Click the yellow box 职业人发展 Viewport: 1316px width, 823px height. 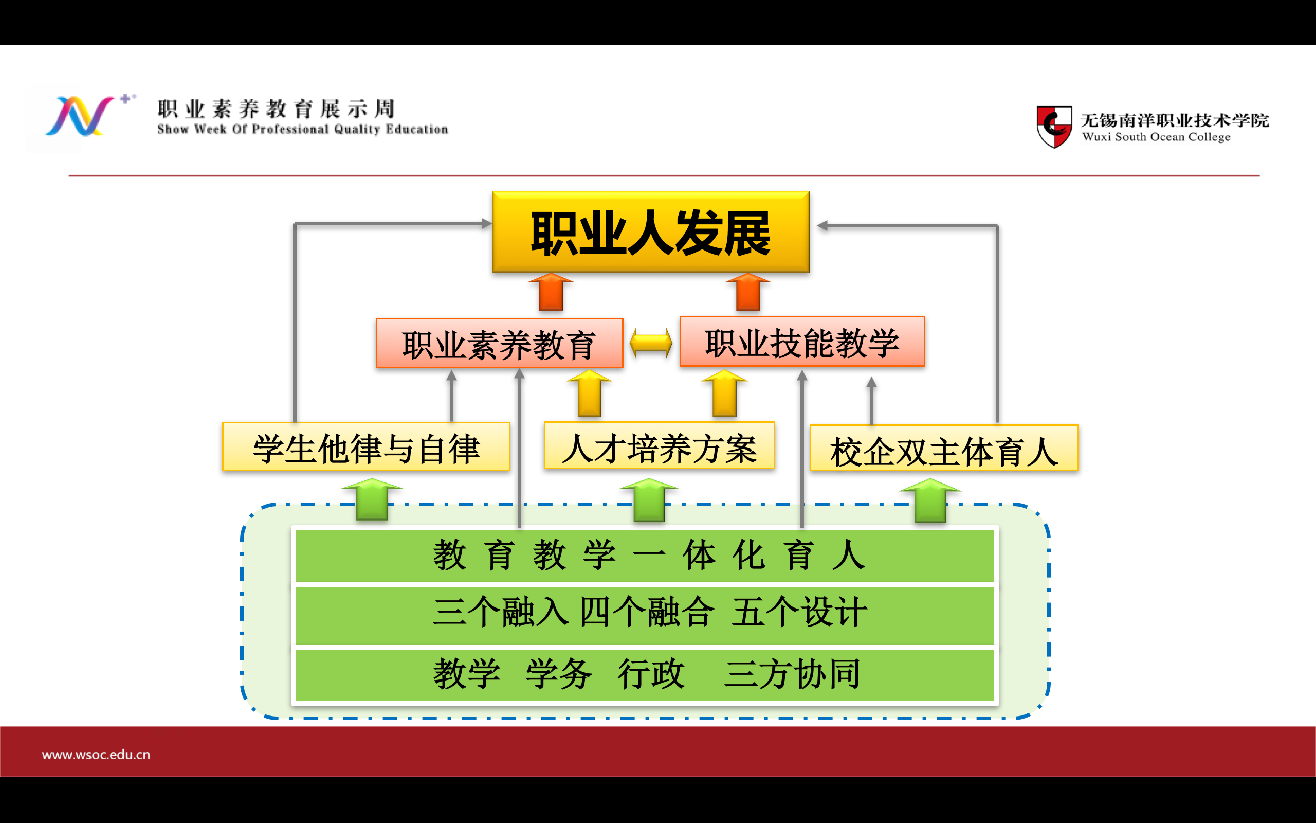tap(651, 232)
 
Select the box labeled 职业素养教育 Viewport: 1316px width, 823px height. tap(499, 344)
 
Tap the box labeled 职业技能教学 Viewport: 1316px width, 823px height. tap(802, 341)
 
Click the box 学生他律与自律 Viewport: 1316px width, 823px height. tap(366, 446)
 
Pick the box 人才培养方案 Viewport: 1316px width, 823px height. tap(659, 445)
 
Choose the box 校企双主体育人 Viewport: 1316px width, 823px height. tap(944, 448)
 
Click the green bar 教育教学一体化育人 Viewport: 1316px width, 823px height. tap(645, 556)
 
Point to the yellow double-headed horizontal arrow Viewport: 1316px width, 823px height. tap(651, 343)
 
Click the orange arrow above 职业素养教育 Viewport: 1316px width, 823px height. tap(551, 292)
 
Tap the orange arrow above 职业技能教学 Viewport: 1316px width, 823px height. tap(748, 292)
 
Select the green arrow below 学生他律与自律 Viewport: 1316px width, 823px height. tap(372, 499)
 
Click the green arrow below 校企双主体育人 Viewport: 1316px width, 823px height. tap(930, 500)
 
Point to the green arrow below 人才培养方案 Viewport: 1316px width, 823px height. tap(649, 499)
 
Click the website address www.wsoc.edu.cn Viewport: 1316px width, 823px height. tap(96, 755)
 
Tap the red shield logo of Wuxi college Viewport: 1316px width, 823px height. tap(1054, 127)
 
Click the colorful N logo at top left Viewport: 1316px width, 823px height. tap(81, 116)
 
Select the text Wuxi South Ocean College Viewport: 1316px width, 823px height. tap(1156, 137)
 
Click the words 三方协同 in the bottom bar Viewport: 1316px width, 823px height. tap(792, 674)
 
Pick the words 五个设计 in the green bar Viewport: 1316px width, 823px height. tap(799, 612)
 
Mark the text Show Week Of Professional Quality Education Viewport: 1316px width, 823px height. tap(303, 130)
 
